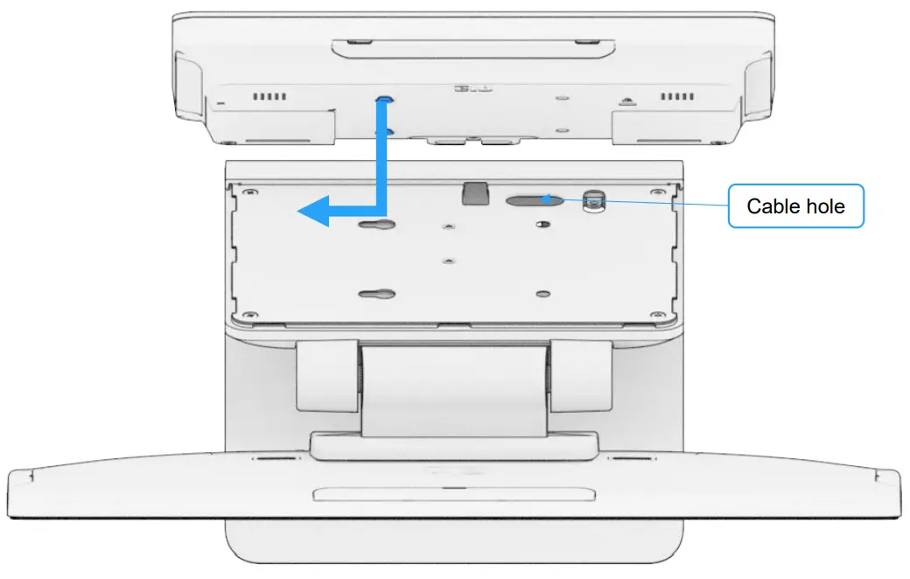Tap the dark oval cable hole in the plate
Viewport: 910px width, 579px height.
[x=533, y=199]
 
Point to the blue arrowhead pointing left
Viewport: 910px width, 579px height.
[x=313, y=211]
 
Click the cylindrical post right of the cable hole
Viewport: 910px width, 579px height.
[x=595, y=199]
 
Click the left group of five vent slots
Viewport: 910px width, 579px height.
[x=269, y=96]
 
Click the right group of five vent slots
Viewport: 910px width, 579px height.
[x=678, y=96]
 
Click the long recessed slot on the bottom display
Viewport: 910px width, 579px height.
[x=451, y=494]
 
